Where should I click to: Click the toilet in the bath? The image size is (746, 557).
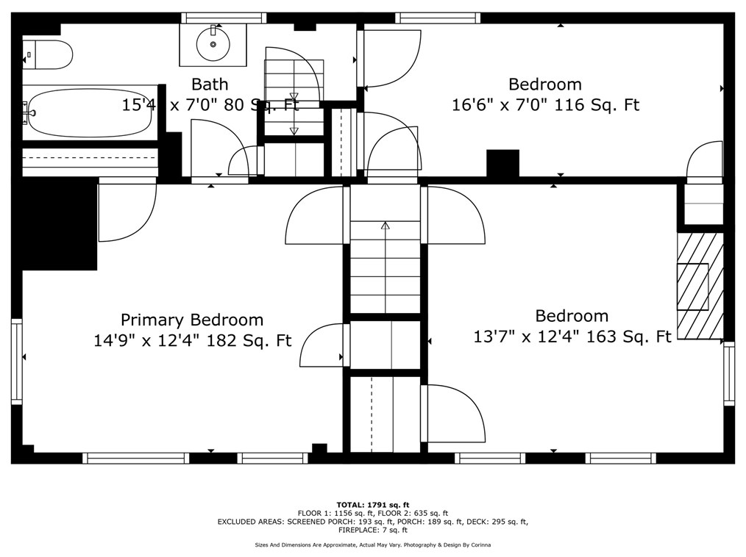[48, 54]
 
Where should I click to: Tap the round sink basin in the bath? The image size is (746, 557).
[213, 44]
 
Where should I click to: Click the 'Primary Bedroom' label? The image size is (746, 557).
[192, 320]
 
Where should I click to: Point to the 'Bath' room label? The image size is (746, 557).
[210, 84]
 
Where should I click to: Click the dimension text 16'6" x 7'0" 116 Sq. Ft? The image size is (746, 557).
[545, 105]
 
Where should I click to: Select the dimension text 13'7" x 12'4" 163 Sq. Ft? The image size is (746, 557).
[572, 337]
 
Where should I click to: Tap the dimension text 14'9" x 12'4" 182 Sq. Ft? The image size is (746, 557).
[192, 341]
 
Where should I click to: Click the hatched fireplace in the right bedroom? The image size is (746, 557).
[700, 286]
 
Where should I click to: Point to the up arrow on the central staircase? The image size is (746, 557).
[385, 226]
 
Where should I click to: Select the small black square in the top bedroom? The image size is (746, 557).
[503, 162]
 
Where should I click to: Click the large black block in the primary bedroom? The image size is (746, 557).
[59, 224]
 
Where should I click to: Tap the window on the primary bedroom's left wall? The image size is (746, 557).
[16, 361]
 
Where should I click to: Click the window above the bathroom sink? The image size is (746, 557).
[224, 18]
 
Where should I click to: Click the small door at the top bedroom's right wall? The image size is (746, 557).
[705, 161]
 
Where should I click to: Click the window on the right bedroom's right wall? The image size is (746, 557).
[728, 373]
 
